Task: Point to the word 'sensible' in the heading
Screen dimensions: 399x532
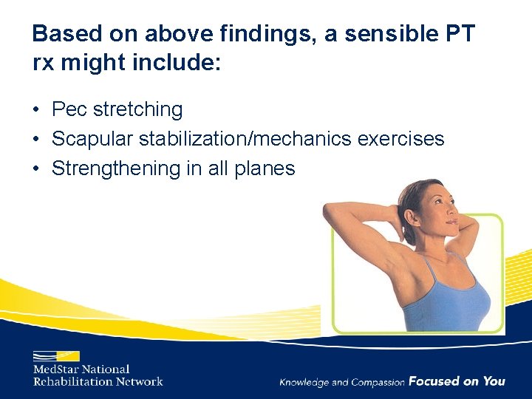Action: [386, 34]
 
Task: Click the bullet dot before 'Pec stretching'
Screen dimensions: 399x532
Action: [36, 110]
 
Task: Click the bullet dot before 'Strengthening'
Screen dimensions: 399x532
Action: [36, 169]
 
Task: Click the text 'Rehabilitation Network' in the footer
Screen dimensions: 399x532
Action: [98, 381]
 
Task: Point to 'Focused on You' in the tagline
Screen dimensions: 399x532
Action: [457, 381]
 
